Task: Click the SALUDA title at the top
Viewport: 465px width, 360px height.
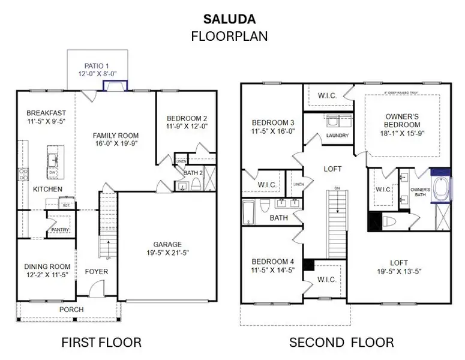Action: point(229,19)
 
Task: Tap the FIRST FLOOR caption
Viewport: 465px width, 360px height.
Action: point(101,343)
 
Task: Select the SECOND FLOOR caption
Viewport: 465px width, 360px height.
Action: point(341,343)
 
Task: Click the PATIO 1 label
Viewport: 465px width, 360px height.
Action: point(97,66)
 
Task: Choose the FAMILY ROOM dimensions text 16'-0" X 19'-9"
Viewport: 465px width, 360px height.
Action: point(115,144)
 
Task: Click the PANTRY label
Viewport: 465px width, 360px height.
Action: point(60,229)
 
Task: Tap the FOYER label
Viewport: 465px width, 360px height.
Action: point(97,271)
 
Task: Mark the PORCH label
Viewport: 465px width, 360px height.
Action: point(71,310)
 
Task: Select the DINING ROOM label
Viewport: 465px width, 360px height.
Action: point(47,266)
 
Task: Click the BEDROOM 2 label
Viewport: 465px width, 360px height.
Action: point(187,118)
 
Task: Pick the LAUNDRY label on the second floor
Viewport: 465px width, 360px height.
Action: point(338,136)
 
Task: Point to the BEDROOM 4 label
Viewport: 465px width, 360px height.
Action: point(272,262)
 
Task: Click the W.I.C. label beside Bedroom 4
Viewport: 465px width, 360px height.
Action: point(326,279)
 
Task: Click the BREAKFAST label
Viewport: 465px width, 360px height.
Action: point(46,113)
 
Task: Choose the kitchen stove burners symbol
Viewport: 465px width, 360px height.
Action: point(24,175)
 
